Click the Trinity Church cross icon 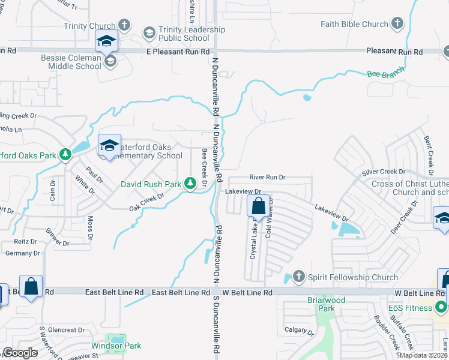[x=124, y=25]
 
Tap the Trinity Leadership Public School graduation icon [x=148, y=32]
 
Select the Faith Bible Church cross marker [x=397, y=24]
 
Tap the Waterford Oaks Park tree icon [x=65, y=155]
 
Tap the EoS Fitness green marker [x=441, y=308]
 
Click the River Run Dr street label [x=268, y=178]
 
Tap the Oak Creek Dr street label [x=146, y=202]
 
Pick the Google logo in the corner [x=20, y=353]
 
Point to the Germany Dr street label [x=22, y=253]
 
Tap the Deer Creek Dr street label [x=404, y=217]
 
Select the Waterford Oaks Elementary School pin [x=109, y=146]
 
